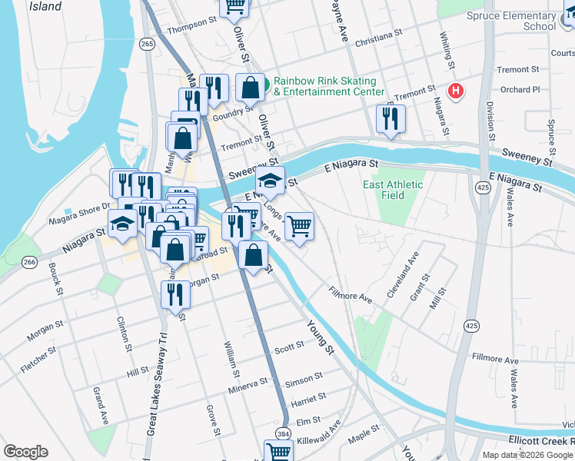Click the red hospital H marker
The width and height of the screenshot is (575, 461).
click(x=457, y=91)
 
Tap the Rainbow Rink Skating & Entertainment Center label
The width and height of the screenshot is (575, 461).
click(x=325, y=87)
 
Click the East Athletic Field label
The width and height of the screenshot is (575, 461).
click(x=393, y=190)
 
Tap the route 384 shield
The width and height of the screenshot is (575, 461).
click(x=284, y=433)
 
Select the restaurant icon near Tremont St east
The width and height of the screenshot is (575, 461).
click(x=391, y=119)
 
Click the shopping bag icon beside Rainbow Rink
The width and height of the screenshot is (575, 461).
click(x=251, y=88)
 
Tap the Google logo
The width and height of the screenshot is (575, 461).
click(x=25, y=452)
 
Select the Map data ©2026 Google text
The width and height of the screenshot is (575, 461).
click(x=527, y=454)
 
